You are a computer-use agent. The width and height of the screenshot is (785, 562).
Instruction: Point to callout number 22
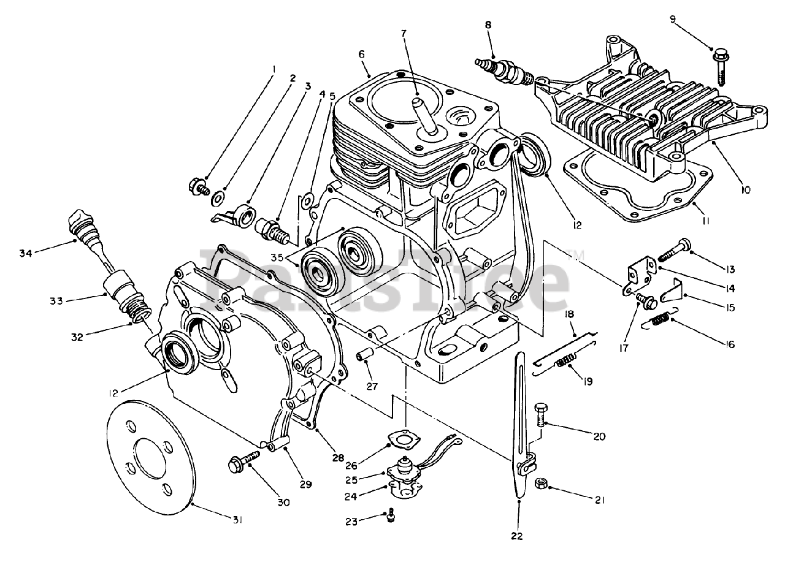517,536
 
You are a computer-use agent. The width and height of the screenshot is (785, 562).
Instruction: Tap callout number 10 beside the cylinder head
745,190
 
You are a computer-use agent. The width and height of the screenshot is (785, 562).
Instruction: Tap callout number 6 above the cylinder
362,54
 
